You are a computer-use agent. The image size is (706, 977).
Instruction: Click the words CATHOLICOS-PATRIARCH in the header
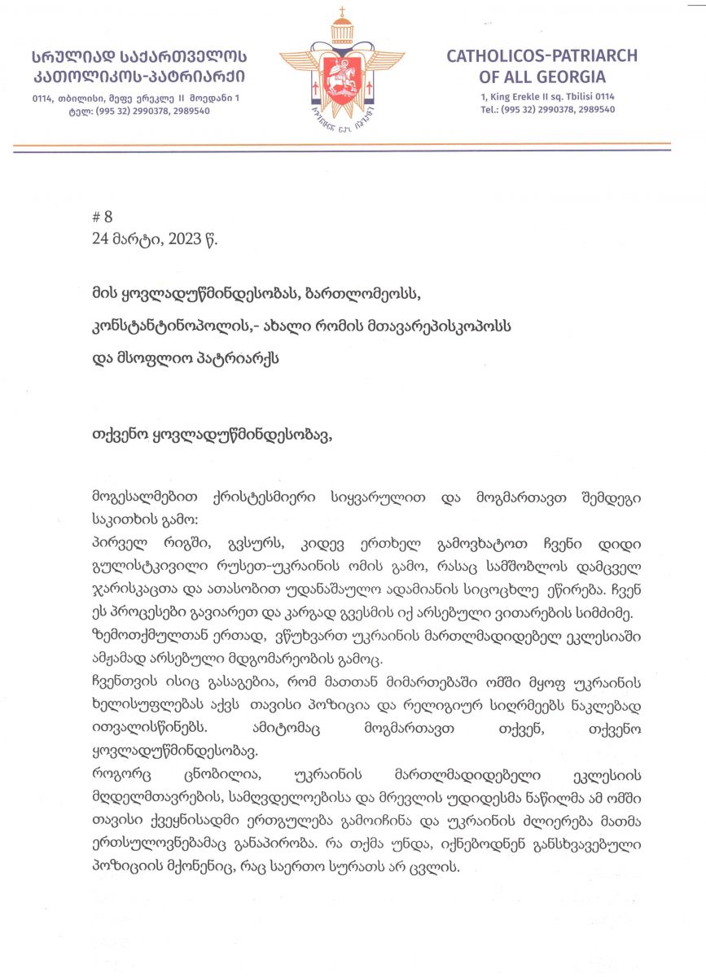pos(542,56)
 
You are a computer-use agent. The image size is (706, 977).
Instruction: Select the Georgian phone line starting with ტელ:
pos(134,111)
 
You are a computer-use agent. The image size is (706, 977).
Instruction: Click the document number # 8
pos(103,217)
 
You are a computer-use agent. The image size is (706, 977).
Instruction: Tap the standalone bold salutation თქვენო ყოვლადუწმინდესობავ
pos(214,433)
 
